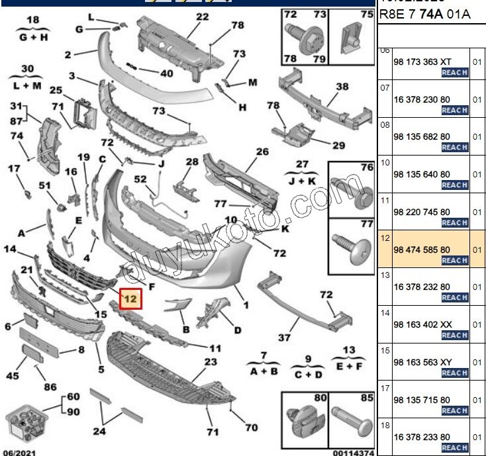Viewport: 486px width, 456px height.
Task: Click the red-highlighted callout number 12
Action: click(x=130, y=299)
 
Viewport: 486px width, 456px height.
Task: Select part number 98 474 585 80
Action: click(x=422, y=249)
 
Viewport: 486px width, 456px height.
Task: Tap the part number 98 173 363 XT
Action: click(x=422, y=62)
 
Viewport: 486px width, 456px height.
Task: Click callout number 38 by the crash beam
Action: click(x=342, y=87)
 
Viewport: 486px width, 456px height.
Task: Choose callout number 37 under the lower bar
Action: click(x=284, y=338)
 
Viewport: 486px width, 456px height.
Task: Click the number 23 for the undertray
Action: click(x=211, y=362)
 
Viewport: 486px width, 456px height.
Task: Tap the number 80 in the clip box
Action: click(x=320, y=398)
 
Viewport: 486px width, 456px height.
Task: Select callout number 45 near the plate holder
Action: click(x=13, y=376)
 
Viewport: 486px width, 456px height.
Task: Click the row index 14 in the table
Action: click(x=385, y=312)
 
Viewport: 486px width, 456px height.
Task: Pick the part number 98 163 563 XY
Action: click(x=423, y=362)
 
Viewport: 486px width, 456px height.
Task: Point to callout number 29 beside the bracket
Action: click(x=338, y=146)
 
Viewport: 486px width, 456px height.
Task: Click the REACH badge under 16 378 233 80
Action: click(x=455, y=448)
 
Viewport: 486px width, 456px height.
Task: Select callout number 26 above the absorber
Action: click(x=262, y=152)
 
